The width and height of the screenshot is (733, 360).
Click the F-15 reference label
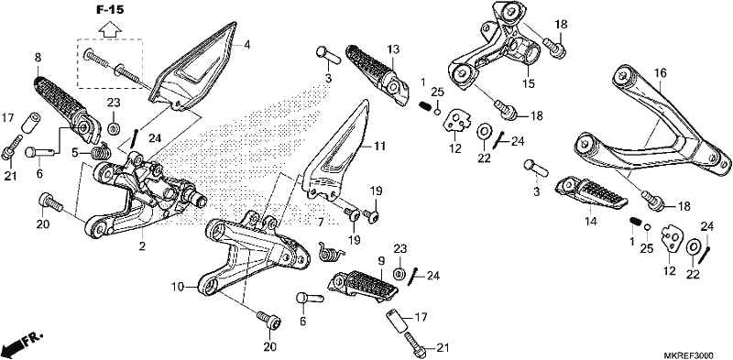(x=110, y=10)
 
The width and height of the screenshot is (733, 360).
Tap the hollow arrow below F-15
(x=110, y=29)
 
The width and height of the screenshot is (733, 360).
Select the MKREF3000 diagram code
(x=693, y=355)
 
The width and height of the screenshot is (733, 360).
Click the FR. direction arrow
(x=22, y=344)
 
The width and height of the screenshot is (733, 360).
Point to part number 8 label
(x=38, y=58)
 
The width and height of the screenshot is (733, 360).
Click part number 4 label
(x=246, y=45)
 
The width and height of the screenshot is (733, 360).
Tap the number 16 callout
(x=660, y=73)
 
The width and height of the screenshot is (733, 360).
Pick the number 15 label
(x=529, y=83)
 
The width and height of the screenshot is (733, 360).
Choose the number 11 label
(x=379, y=147)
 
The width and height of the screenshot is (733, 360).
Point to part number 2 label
(x=142, y=245)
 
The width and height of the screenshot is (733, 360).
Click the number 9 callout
(x=380, y=261)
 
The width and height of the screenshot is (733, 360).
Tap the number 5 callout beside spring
(x=75, y=151)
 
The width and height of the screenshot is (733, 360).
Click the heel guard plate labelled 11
(x=334, y=154)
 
